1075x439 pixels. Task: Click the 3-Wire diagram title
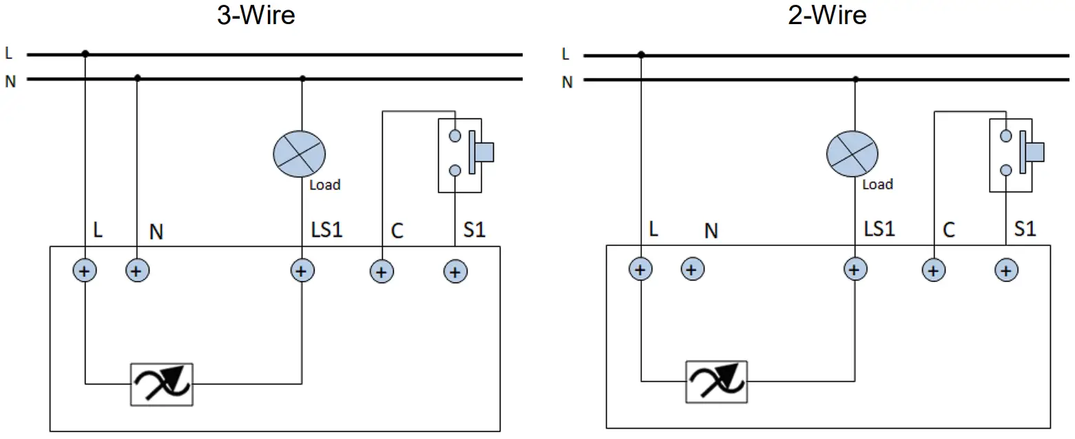tap(256, 15)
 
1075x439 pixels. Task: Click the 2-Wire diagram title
tap(827, 15)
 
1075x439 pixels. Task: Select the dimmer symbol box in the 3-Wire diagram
tap(162, 384)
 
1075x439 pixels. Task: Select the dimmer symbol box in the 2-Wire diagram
tap(716, 381)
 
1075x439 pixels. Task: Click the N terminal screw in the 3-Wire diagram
tap(136, 271)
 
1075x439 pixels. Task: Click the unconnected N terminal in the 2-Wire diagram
tap(692, 269)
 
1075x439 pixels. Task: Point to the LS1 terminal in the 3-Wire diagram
tap(300, 271)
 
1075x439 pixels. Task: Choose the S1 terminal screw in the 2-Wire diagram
tap(1006, 270)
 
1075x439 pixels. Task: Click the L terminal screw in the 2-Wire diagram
tap(640, 269)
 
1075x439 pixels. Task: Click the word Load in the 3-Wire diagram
tap(325, 185)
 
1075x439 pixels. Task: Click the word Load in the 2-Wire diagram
tap(877, 184)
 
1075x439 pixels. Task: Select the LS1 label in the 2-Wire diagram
tap(879, 227)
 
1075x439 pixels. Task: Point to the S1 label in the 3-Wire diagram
tap(473, 229)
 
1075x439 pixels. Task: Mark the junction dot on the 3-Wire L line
tap(85, 54)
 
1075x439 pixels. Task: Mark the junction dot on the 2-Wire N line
tap(855, 79)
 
